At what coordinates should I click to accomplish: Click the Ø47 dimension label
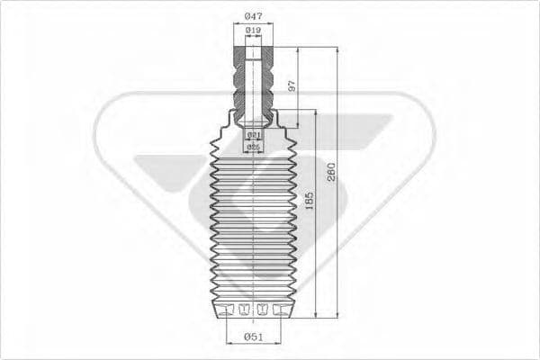(x=253, y=15)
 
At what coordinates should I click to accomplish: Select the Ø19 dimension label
(x=253, y=31)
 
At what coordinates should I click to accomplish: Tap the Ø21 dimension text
(x=253, y=135)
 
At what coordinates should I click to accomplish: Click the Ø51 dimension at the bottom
(x=253, y=337)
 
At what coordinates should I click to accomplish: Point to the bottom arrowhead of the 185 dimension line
(x=316, y=314)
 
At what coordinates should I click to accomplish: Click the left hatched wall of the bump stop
(x=239, y=81)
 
